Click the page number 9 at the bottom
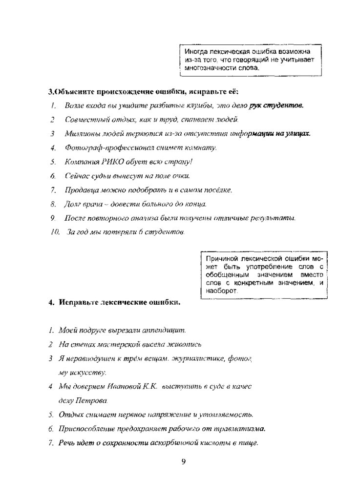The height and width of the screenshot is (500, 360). (x=184, y=462)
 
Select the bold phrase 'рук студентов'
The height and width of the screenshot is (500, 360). (x=276, y=105)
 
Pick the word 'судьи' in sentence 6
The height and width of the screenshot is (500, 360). (x=103, y=175)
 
